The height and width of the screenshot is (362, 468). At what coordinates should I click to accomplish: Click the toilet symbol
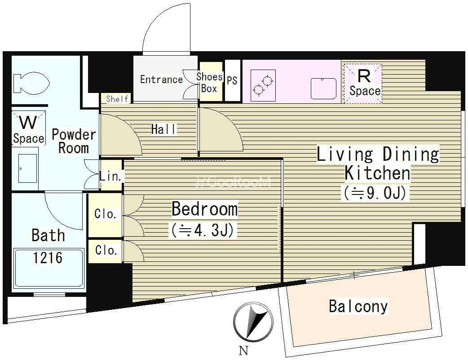pos(31,82)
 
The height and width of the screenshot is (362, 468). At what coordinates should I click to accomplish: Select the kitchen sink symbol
pos(323,88)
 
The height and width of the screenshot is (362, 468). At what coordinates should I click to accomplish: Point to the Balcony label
pos(358,307)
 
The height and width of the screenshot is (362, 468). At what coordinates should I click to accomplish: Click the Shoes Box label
pos(210,82)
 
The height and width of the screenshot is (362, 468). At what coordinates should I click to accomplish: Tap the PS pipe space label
pos(232,80)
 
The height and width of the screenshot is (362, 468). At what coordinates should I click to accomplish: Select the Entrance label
pos(162,79)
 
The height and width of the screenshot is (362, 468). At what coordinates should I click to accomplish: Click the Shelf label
pos(117,99)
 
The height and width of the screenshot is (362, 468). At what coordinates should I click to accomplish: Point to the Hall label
pos(164,129)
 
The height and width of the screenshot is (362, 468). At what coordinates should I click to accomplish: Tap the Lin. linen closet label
pos(110,177)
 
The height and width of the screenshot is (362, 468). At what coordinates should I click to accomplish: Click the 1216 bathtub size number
pos(48,258)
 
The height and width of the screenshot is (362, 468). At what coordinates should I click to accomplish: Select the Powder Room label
pos(74,141)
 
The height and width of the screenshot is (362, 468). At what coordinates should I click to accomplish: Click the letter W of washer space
pos(28,122)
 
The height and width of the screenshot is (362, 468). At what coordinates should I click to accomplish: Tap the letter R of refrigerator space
pos(363,76)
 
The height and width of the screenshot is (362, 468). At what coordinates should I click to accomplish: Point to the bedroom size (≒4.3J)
pos(203,230)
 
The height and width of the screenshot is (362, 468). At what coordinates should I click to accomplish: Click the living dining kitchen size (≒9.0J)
pos(375,193)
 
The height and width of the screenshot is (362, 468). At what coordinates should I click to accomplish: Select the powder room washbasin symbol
pos(28,168)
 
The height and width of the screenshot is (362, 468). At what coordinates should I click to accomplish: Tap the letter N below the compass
pos(244,351)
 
